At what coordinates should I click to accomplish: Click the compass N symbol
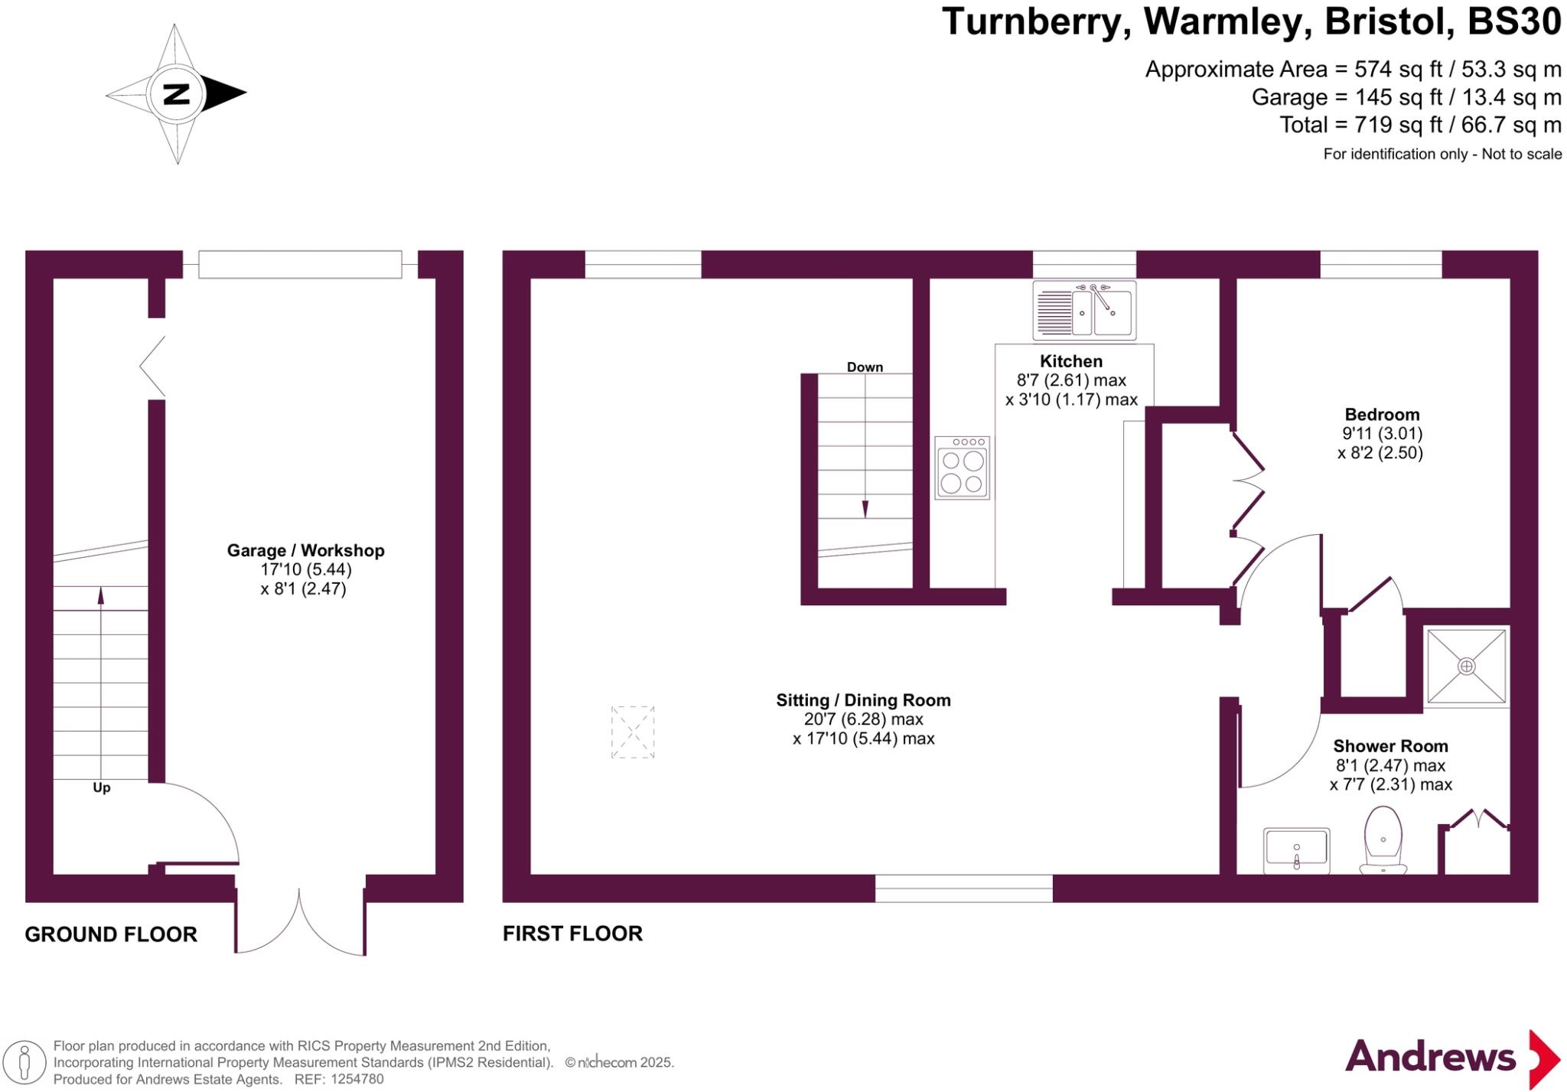[x=176, y=94]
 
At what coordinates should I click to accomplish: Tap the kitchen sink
[x=1084, y=311]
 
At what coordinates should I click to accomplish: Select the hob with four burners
[x=962, y=468]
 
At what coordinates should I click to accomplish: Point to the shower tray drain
[x=1466, y=666]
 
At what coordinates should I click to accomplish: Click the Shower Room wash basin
[x=1296, y=850]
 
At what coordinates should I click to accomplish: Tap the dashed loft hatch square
[x=633, y=732]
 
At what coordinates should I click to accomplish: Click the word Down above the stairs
[x=865, y=367]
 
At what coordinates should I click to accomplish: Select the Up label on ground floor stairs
[x=101, y=787]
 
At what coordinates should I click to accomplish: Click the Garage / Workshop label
[x=305, y=550]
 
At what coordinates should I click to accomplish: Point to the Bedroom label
[x=1382, y=415]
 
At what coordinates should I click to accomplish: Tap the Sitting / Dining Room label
[x=863, y=700]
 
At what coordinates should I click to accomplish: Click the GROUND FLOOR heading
[x=111, y=934]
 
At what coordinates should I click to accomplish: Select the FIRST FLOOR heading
[x=572, y=934]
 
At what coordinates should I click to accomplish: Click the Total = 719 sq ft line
[x=1420, y=125]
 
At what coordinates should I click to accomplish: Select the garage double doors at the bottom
[x=300, y=922]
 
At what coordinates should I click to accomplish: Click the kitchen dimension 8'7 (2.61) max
[x=1071, y=380]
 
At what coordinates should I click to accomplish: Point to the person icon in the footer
[x=24, y=1062]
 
